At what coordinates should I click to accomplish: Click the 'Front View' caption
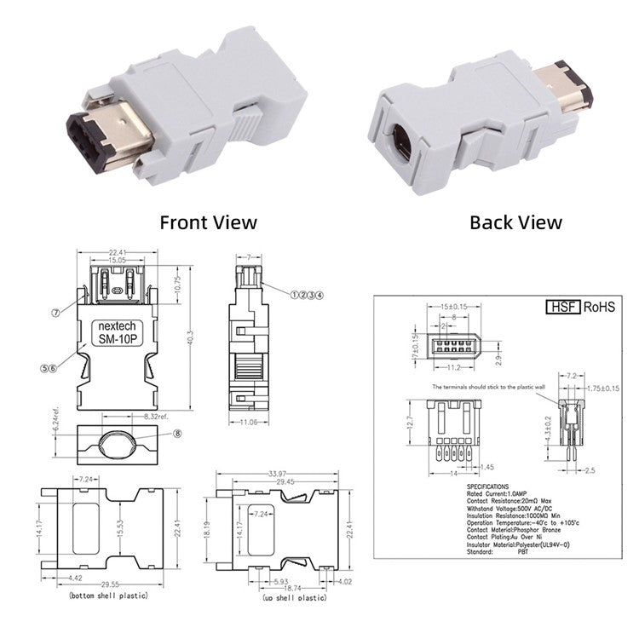click(x=209, y=222)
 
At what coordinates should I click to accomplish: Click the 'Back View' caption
click(x=515, y=222)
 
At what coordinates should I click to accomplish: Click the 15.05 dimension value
click(x=117, y=259)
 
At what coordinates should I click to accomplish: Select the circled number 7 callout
click(x=56, y=313)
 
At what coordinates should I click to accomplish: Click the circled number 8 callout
click(x=178, y=433)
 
